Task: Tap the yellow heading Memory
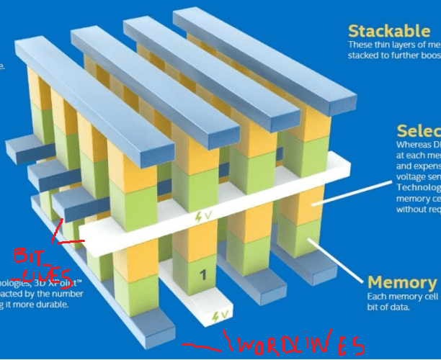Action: (x=402, y=282)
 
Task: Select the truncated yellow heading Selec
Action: (x=419, y=131)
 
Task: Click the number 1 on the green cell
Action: (x=202, y=274)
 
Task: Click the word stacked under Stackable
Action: (x=365, y=55)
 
